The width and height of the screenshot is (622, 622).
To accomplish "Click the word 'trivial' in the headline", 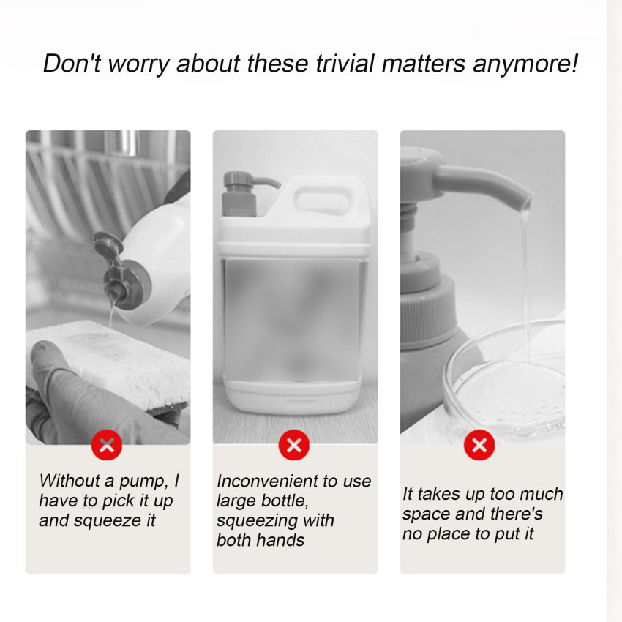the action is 345,64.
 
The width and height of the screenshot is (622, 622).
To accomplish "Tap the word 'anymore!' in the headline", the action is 525,64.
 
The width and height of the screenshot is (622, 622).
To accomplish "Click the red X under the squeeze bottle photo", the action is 107,445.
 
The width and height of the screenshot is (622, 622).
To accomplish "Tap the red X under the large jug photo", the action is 294,445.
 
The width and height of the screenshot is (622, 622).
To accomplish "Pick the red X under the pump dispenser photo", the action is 479,445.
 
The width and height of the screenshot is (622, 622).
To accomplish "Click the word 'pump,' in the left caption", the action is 143,482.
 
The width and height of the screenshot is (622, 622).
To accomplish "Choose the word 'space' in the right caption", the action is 426,515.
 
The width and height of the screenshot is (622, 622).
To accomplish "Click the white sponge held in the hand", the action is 107,361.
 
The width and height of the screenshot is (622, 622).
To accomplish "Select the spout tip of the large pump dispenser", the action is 526,204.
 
